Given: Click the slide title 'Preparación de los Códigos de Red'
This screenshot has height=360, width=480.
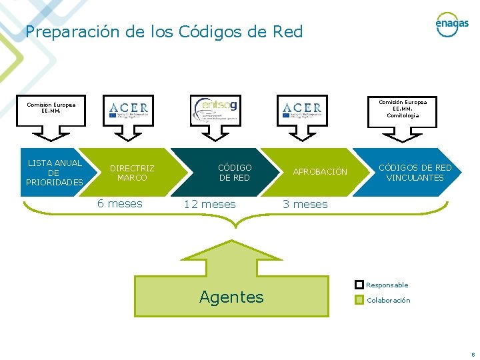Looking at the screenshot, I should pyautogui.click(x=164, y=32).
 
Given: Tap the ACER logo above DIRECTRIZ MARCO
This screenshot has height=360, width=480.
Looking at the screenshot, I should pyautogui.click(x=129, y=109).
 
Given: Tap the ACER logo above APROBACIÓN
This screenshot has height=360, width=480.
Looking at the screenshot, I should pyautogui.click(x=302, y=109).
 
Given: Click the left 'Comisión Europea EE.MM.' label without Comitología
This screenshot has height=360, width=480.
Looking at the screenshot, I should pyautogui.click(x=51, y=108).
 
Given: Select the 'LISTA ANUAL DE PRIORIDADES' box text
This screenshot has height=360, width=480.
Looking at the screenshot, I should pyautogui.click(x=54, y=172).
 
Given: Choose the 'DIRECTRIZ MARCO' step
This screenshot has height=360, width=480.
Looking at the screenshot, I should pyautogui.click(x=132, y=173).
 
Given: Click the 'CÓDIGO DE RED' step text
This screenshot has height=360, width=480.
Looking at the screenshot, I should pyautogui.click(x=235, y=173).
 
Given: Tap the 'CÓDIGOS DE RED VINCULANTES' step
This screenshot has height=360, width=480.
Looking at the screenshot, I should pyautogui.click(x=415, y=173).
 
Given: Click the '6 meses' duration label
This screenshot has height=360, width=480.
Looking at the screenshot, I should pyautogui.click(x=120, y=204).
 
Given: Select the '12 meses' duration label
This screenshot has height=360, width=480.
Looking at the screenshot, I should pyautogui.click(x=209, y=205).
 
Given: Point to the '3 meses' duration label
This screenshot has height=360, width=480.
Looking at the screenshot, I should pyautogui.click(x=305, y=205).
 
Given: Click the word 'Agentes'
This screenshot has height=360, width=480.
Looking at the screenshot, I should pyautogui.click(x=231, y=297).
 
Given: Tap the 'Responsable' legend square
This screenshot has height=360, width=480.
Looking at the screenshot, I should pyautogui.click(x=359, y=285).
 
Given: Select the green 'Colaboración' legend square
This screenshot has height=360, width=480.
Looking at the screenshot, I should pyautogui.click(x=359, y=300).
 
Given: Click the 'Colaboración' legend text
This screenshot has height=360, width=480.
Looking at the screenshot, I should pyautogui.click(x=389, y=300).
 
